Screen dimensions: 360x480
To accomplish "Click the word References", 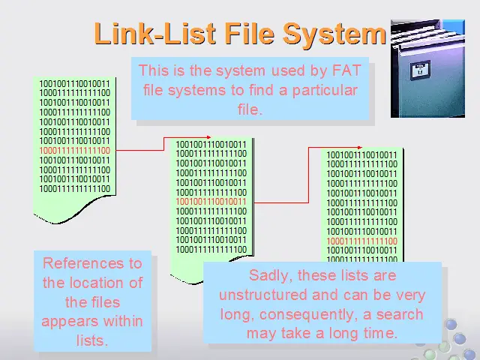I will [92, 263].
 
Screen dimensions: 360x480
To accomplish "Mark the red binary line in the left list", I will [74, 151].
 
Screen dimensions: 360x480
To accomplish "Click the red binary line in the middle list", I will [211, 202].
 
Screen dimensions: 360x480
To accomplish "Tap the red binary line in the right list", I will [361, 241].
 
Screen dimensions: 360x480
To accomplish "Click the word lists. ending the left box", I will [92, 340].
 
